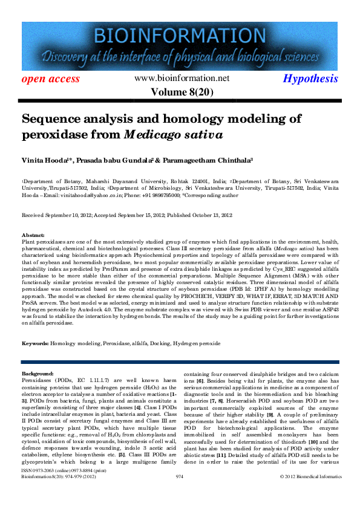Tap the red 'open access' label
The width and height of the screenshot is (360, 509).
click(x=51, y=79)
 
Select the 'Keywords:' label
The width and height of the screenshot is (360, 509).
click(x=35, y=343)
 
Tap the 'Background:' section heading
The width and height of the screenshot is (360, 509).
click(x=38, y=374)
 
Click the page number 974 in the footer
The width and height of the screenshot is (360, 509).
click(x=179, y=494)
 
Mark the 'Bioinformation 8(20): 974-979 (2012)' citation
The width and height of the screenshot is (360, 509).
click(x=59, y=494)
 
